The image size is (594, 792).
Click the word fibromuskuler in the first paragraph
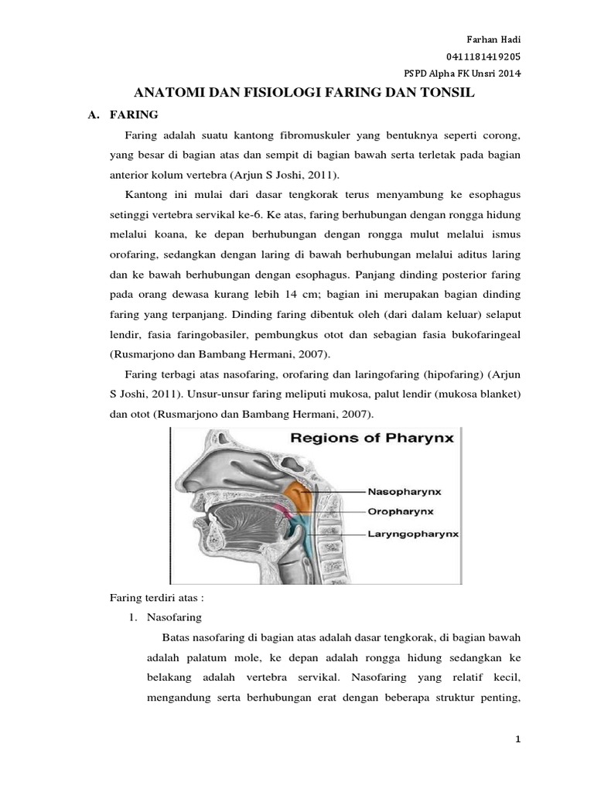coord(313,135)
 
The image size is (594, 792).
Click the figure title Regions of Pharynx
coord(372,438)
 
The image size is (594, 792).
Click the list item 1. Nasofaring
coord(166,617)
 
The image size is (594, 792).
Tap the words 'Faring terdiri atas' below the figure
coord(155,598)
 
